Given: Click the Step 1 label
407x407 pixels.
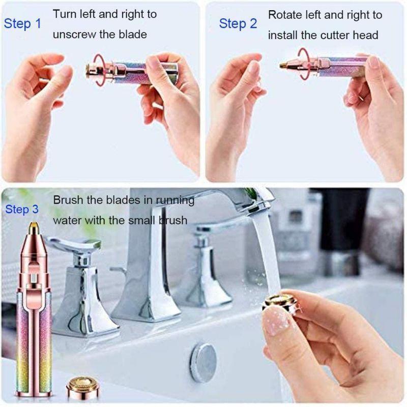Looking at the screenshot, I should [22, 23].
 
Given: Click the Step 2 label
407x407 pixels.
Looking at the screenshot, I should [238, 23].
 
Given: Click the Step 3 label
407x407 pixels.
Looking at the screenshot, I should [22, 210].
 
